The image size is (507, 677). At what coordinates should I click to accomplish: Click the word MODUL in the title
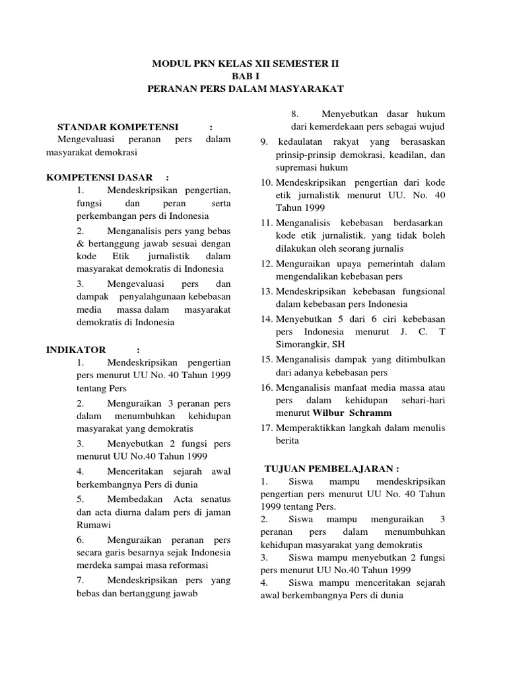coord(171,65)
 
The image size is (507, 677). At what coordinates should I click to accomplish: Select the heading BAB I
coord(245,76)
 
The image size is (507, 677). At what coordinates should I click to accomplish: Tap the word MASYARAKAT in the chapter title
coord(311,88)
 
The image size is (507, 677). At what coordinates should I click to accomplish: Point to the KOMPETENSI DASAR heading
coord(98,178)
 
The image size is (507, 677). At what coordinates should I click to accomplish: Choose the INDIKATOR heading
coord(77,350)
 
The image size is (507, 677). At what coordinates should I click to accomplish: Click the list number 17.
coord(265,428)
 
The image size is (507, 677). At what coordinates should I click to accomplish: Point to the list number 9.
coord(263,141)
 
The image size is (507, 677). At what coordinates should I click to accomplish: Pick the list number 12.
coord(265,263)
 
